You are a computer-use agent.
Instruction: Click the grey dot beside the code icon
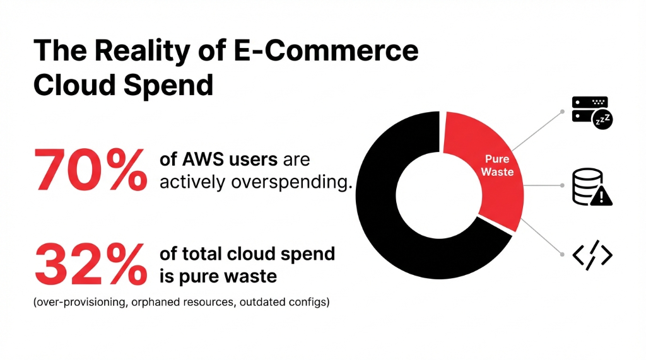(561, 254)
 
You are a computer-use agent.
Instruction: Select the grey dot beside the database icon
(561, 186)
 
